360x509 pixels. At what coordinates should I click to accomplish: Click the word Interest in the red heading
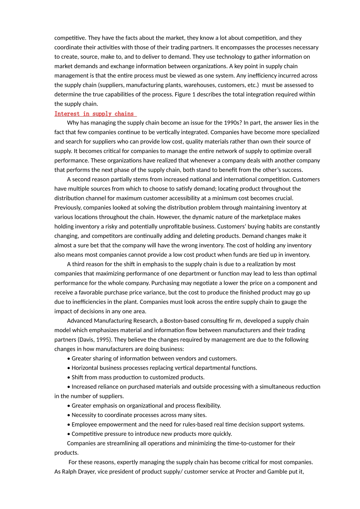pos(67,114)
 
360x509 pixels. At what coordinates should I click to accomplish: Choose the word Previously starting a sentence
pos(68,208)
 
